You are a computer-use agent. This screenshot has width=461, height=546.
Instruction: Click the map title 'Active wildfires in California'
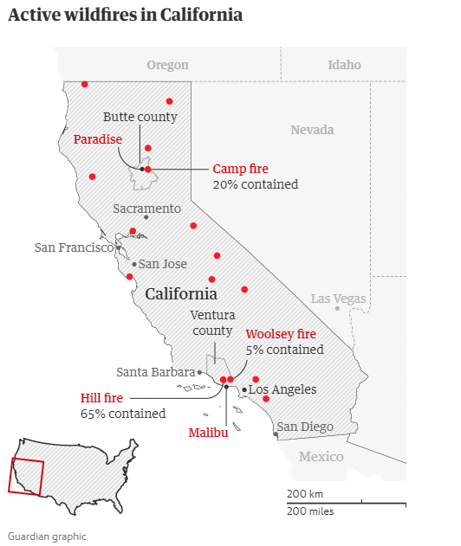coord(125,16)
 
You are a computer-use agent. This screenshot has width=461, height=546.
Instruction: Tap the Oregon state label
coord(167,65)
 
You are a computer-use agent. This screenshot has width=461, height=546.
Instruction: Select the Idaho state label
coord(344,65)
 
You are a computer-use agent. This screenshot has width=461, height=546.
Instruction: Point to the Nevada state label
coord(312,130)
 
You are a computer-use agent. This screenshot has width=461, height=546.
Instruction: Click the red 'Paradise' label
coord(97,138)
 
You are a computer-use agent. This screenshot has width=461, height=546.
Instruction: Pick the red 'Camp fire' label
coord(240,169)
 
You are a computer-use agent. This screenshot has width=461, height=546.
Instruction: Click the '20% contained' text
coord(255,184)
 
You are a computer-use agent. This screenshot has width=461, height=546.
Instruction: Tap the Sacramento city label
coord(146,209)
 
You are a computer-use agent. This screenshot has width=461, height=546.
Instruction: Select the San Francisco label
coord(75,247)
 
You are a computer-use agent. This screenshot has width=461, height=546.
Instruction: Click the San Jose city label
coord(163,264)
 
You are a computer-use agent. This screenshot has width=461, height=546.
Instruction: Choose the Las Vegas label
coord(339,299)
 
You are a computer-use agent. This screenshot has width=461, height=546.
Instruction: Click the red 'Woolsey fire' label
coord(281,334)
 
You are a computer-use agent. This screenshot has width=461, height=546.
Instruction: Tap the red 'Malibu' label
coord(208,433)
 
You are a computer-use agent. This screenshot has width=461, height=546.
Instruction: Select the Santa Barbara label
coord(156,372)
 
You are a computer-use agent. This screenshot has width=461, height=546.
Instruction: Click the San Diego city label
coord(304,426)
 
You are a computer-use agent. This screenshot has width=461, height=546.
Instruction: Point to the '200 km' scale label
coord(305,494)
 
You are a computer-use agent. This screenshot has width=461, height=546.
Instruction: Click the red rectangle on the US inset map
coord(25,476)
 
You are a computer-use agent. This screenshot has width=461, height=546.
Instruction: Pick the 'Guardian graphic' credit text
coord(48,536)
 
